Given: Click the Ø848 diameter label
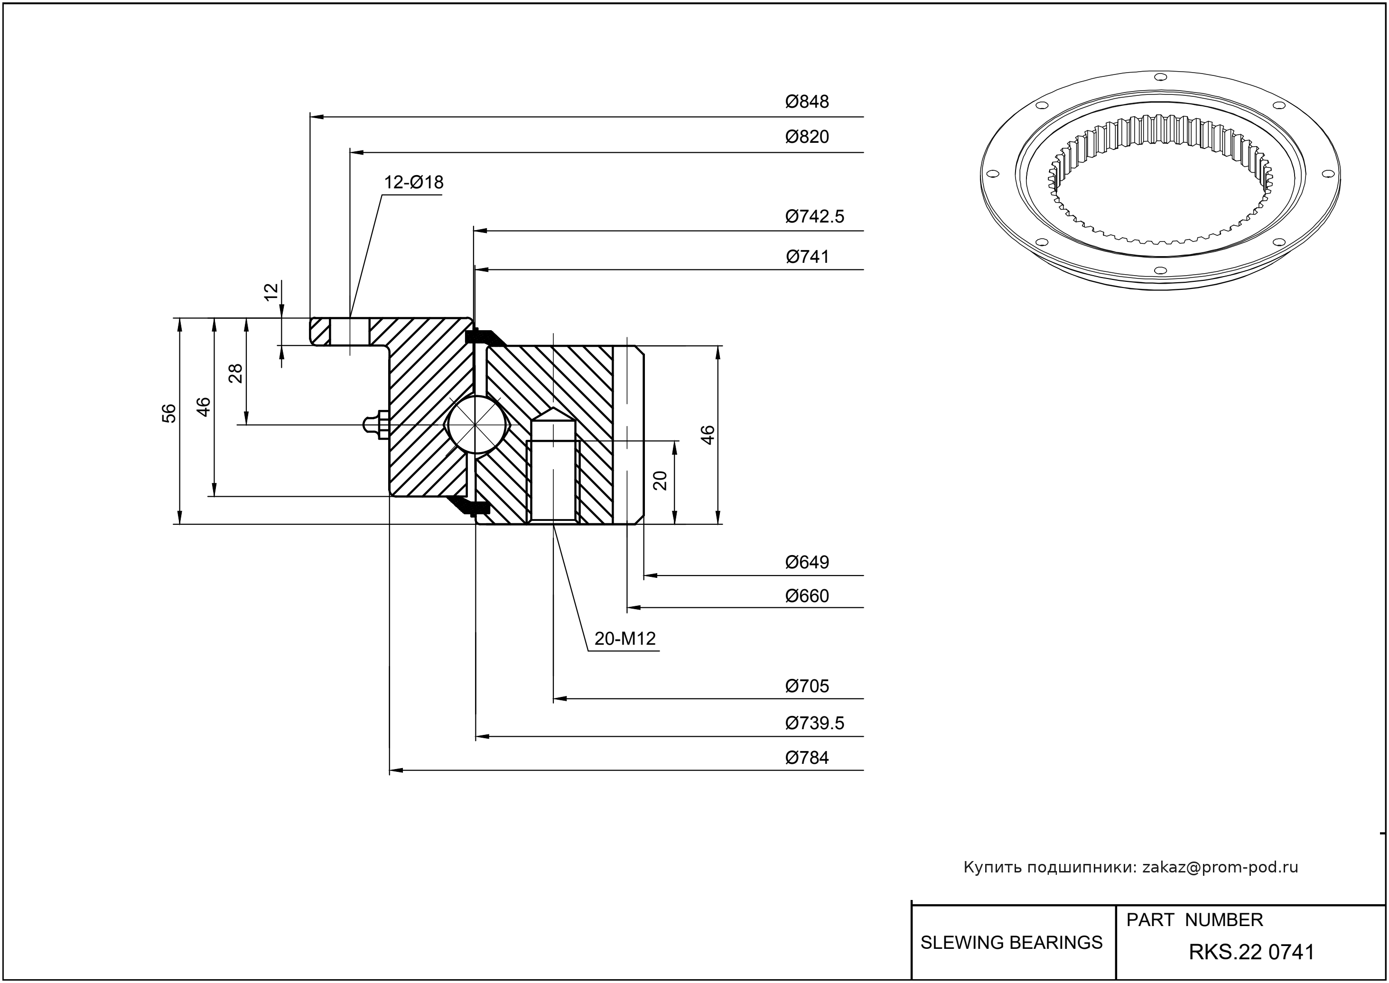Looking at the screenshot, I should tap(807, 102).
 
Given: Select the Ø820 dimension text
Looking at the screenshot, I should tap(807, 137).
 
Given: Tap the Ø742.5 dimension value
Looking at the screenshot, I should tap(814, 216).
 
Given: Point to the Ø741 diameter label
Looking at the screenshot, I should tap(807, 257).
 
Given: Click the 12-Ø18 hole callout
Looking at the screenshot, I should tap(413, 182).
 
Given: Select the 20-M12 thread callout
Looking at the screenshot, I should tap(625, 639).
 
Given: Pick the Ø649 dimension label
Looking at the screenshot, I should tap(807, 562).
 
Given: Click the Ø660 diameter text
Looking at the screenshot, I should tap(807, 596).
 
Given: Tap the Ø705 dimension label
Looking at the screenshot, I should tap(807, 686).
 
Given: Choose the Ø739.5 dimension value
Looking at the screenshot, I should tap(814, 723).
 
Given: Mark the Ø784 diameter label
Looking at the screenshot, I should tap(807, 757).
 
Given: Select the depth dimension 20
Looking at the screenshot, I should tap(661, 480).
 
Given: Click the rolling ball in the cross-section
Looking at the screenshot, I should tap(476, 424).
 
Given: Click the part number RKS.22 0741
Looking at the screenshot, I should tap(1251, 952).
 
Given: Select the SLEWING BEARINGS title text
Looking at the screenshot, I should tap(1011, 943).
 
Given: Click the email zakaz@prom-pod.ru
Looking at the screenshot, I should tap(1220, 867).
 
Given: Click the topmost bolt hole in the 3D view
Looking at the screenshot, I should tap(1160, 77).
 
